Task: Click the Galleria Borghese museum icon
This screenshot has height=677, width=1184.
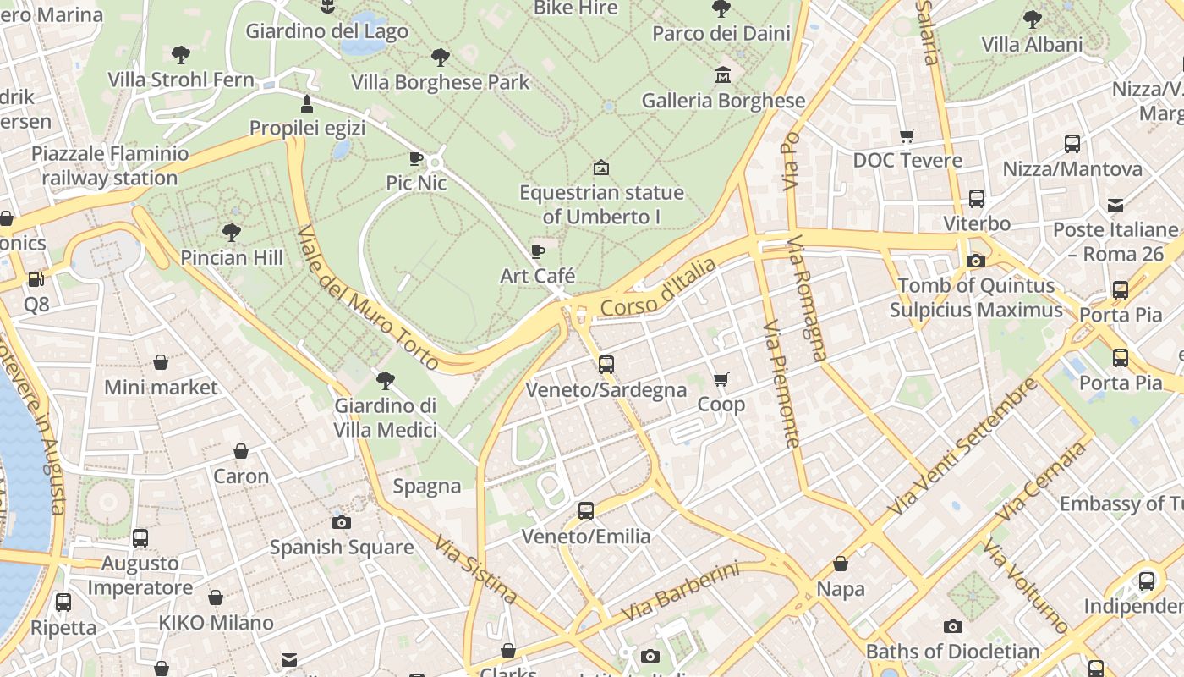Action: pos(722,75)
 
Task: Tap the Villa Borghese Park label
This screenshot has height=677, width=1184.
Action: pos(440,82)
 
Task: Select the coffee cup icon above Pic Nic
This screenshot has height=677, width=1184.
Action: pos(416,158)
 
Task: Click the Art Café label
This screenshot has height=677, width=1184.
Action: pos(537,276)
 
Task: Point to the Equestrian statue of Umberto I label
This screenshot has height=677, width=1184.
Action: pos(601,204)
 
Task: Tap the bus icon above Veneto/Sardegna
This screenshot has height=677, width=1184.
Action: pos(606,365)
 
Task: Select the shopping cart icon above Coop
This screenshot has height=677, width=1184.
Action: pos(721,380)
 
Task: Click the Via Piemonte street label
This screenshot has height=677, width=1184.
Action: pos(781,383)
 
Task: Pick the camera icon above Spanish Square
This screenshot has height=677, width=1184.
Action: pos(342,522)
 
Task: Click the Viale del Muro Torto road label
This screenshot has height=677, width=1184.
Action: pos(368,297)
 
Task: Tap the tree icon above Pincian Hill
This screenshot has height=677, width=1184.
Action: pos(231,232)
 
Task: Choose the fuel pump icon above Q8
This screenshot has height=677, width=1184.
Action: pos(36,278)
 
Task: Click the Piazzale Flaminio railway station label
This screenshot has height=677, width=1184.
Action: pos(110,166)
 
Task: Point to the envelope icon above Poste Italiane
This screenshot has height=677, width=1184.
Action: pos(1115,205)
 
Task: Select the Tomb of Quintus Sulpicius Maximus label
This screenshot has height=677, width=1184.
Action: pos(976,298)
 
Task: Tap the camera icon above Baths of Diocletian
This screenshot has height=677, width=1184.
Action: pos(953,626)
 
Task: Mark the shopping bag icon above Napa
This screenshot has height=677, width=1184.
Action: pos(841,564)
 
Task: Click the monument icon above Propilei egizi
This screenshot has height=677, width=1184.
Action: pos(307,104)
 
